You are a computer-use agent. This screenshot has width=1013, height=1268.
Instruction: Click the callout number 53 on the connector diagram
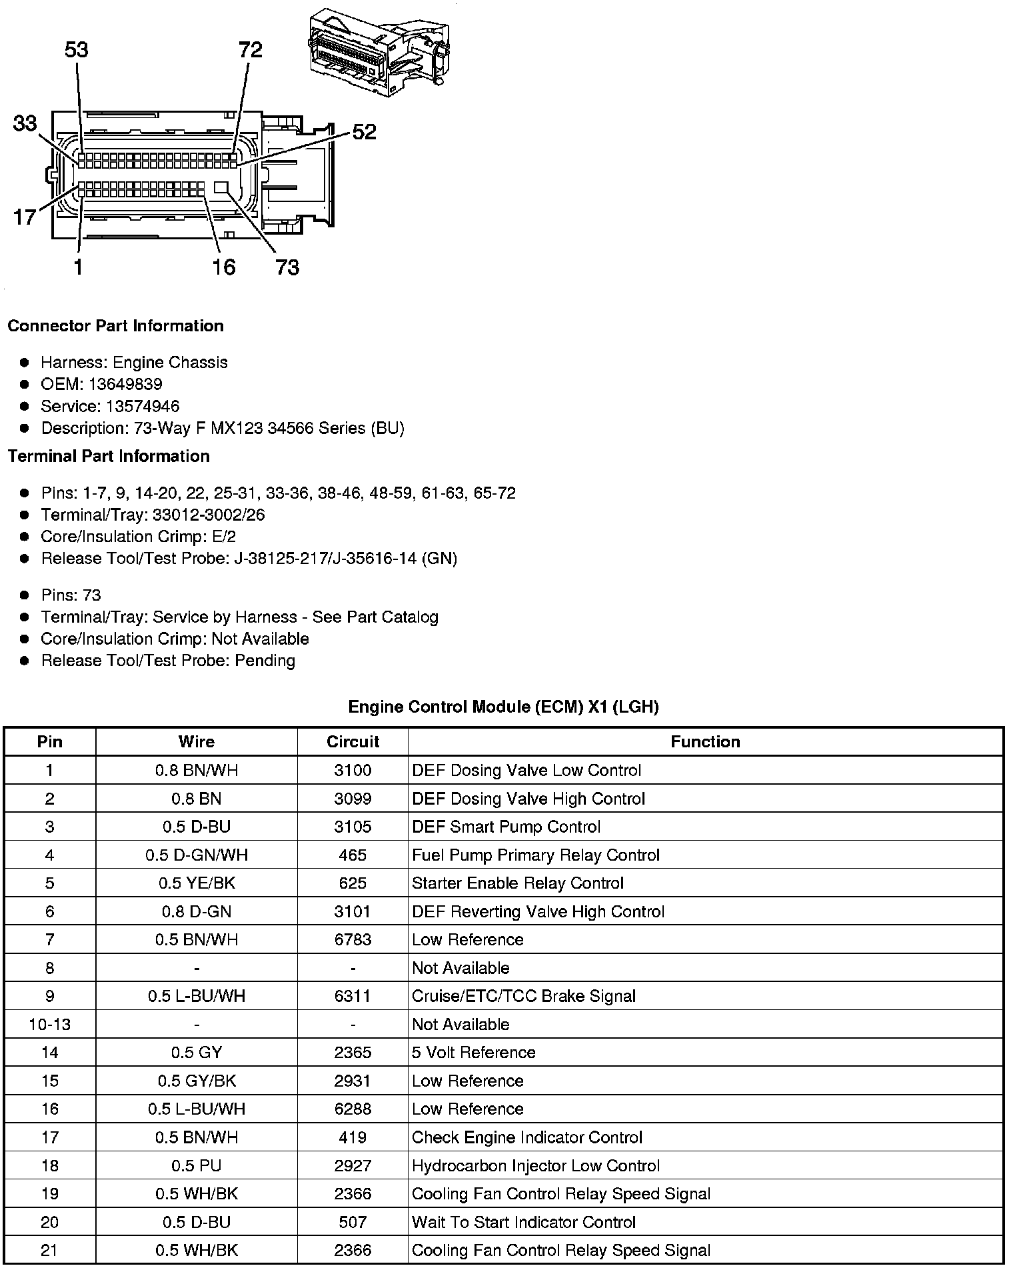tap(77, 50)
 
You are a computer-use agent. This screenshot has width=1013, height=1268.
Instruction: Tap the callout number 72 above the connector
tap(251, 50)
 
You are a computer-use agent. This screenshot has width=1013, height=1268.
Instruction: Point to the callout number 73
tap(287, 267)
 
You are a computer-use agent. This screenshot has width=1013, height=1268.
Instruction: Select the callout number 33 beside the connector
tap(25, 123)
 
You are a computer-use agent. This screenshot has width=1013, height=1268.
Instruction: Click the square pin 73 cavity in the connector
tap(222, 187)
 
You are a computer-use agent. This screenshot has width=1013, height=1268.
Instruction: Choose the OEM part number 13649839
tap(125, 384)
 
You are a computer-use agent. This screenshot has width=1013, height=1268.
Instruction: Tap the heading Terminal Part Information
tap(109, 456)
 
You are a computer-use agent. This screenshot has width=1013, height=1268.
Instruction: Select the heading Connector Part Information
tap(115, 325)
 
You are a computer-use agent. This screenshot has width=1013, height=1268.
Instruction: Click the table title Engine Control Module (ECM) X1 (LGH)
tap(503, 707)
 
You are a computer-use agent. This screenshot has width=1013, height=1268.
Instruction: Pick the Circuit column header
tap(353, 741)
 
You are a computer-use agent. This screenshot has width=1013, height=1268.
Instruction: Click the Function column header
tap(705, 741)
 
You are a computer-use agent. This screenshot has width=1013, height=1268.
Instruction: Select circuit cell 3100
tap(353, 770)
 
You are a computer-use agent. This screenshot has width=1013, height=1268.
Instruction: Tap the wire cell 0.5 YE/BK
tap(197, 883)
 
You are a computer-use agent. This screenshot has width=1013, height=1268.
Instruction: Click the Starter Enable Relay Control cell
tap(518, 883)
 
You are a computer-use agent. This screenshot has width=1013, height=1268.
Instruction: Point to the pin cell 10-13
tap(50, 1024)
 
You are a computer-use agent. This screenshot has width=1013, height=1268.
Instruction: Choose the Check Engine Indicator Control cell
tap(527, 1137)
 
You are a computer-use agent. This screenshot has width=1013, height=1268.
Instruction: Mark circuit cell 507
tap(353, 1221)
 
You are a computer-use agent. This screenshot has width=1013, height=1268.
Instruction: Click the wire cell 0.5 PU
tap(197, 1165)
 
